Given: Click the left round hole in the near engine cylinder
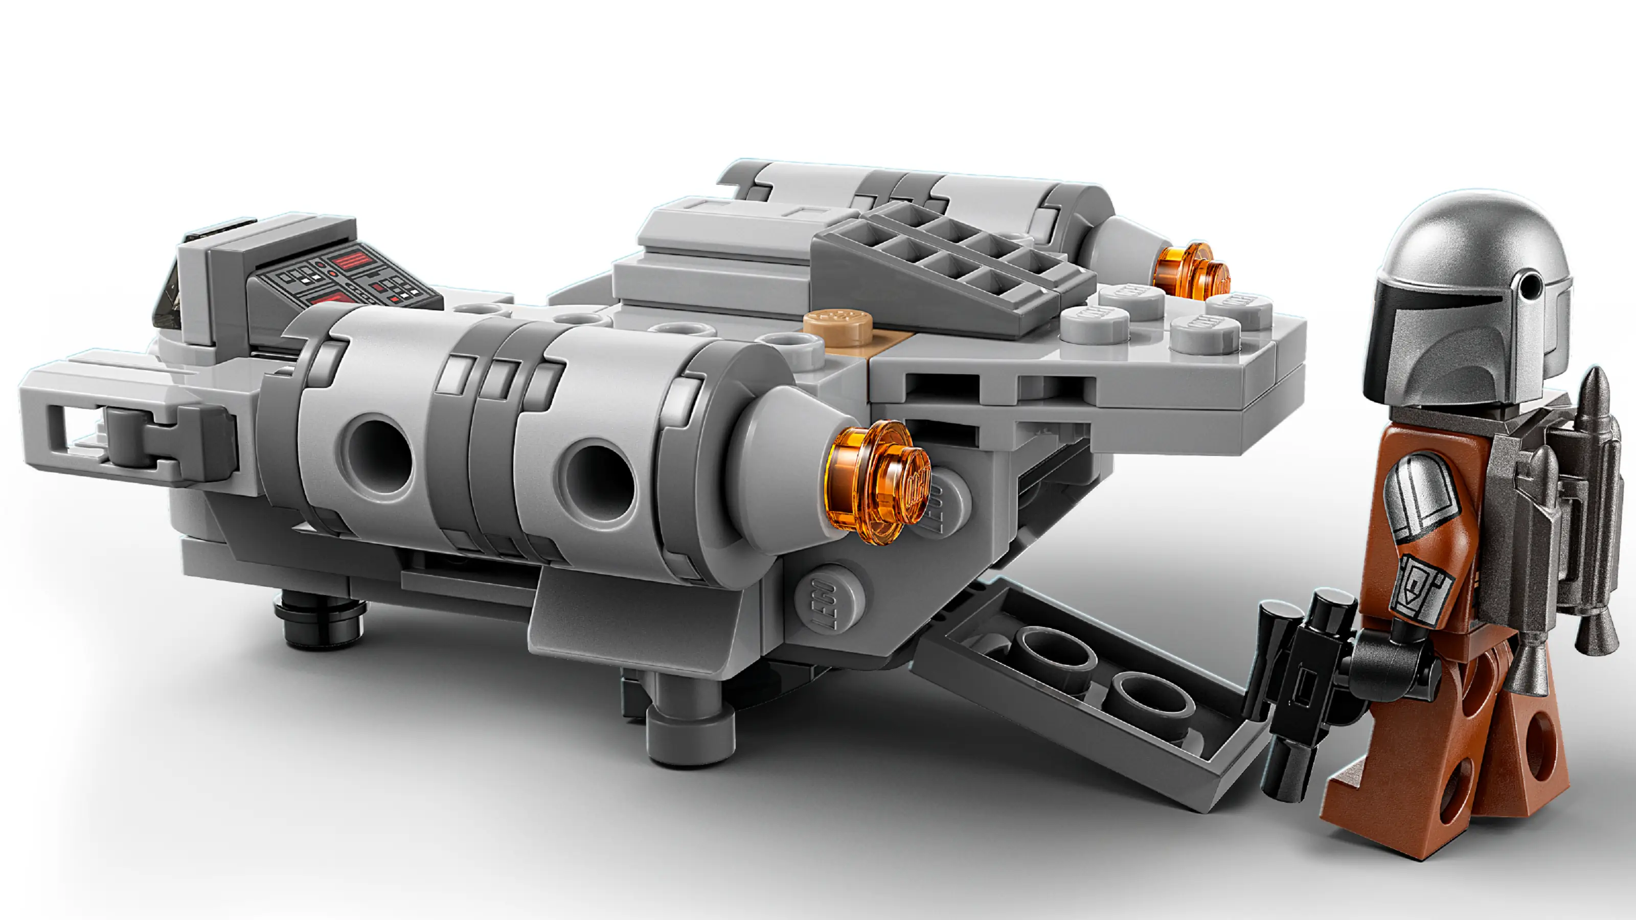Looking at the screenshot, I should coord(380,454).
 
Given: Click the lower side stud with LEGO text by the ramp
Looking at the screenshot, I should coord(826,600).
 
